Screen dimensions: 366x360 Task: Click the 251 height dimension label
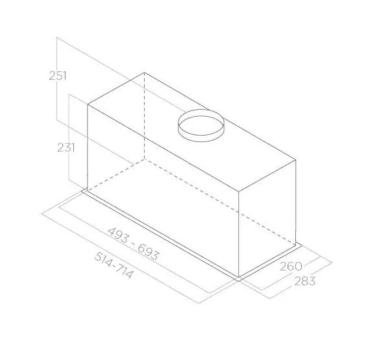(58, 76)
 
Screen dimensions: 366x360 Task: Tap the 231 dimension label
(66, 148)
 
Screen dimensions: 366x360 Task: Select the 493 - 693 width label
(133, 244)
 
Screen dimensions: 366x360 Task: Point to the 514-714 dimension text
(114, 265)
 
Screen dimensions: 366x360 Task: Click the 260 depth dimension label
(291, 267)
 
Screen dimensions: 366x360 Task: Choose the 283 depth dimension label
(305, 281)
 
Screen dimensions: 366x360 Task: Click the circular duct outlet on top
(201, 126)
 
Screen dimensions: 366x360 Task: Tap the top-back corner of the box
(144, 73)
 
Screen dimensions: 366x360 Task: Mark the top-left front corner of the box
(88, 104)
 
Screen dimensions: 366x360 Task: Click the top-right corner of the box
(296, 160)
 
